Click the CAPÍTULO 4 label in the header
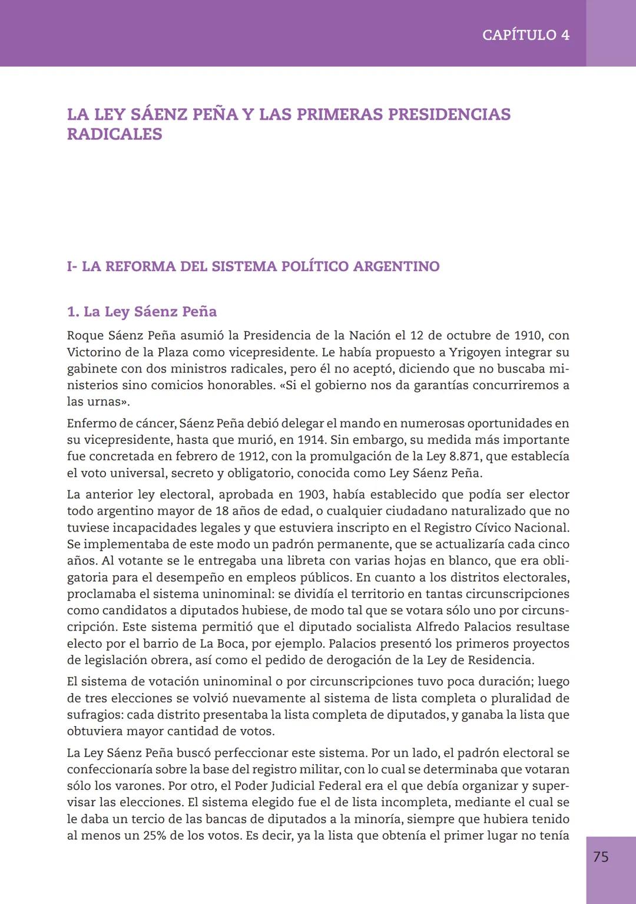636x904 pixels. pyautogui.click(x=525, y=35)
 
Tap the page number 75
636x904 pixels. pyautogui.click(x=601, y=857)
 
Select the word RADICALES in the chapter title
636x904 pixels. pyautogui.click(x=114, y=134)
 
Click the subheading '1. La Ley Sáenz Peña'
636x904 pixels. pyautogui.click(x=141, y=312)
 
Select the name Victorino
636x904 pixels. pyautogui.click(x=93, y=352)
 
